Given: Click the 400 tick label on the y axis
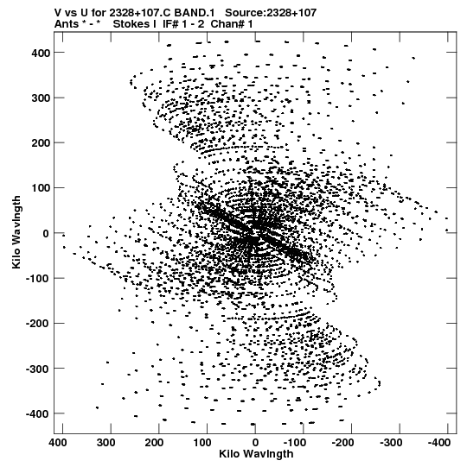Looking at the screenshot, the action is (x=40, y=54).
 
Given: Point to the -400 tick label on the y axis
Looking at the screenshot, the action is (x=37, y=414).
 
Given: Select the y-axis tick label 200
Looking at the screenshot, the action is (x=40, y=143).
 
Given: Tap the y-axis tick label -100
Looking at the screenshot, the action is (x=37, y=279).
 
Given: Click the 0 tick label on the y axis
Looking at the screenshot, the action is (x=46, y=233).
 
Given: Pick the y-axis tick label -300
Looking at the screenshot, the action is (x=37, y=369).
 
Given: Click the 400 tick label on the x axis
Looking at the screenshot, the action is (x=58, y=443).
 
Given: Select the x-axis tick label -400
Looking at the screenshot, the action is (x=439, y=443).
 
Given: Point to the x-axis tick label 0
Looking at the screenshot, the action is (x=255, y=443).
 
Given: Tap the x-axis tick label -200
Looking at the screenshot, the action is (x=342, y=443).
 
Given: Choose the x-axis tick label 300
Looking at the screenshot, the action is (x=106, y=443).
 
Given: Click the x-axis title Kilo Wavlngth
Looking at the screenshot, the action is (x=256, y=454).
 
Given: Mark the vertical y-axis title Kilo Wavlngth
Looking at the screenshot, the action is (x=16, y=232).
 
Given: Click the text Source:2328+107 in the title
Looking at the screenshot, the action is (x=271, y=13).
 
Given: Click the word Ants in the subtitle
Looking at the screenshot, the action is (x=67, y=24).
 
